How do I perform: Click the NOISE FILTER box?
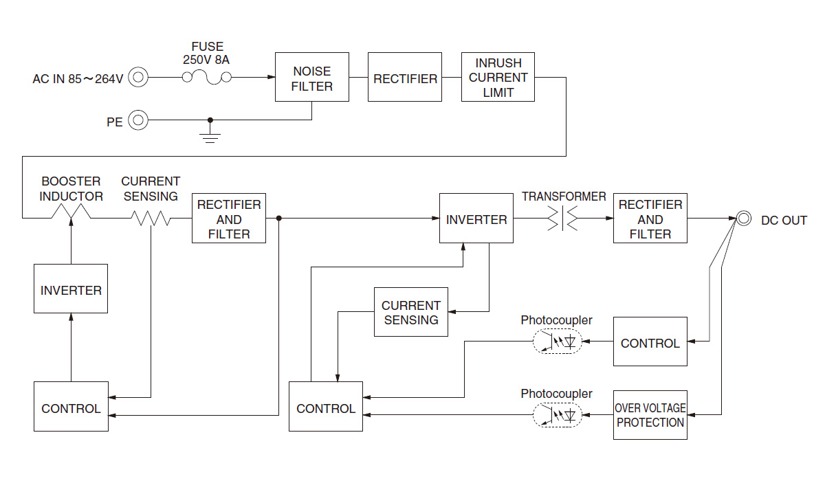(x=311, y=77)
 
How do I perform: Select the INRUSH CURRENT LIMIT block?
(x=498, y=77)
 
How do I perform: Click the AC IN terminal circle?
(x=138, y=78)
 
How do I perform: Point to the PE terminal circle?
(x=138, y=121)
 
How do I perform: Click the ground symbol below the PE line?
(x=210, y=135)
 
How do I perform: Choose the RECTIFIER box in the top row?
(x=405, y=77)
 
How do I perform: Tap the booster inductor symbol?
(x=71, y=214)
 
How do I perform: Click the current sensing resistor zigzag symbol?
(x=151, y=219)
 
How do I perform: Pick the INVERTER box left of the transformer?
(x=476, y=219)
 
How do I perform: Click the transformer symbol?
(x=562, y=219)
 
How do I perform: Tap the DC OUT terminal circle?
(x=744, y=219)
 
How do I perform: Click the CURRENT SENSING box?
(x=410, y=312)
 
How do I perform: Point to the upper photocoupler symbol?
(x=557, y=342)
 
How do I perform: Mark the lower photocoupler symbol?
(x=557, y=415)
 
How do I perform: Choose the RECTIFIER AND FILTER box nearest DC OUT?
(x=650, y=219)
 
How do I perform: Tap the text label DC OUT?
(x=784, y=220)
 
